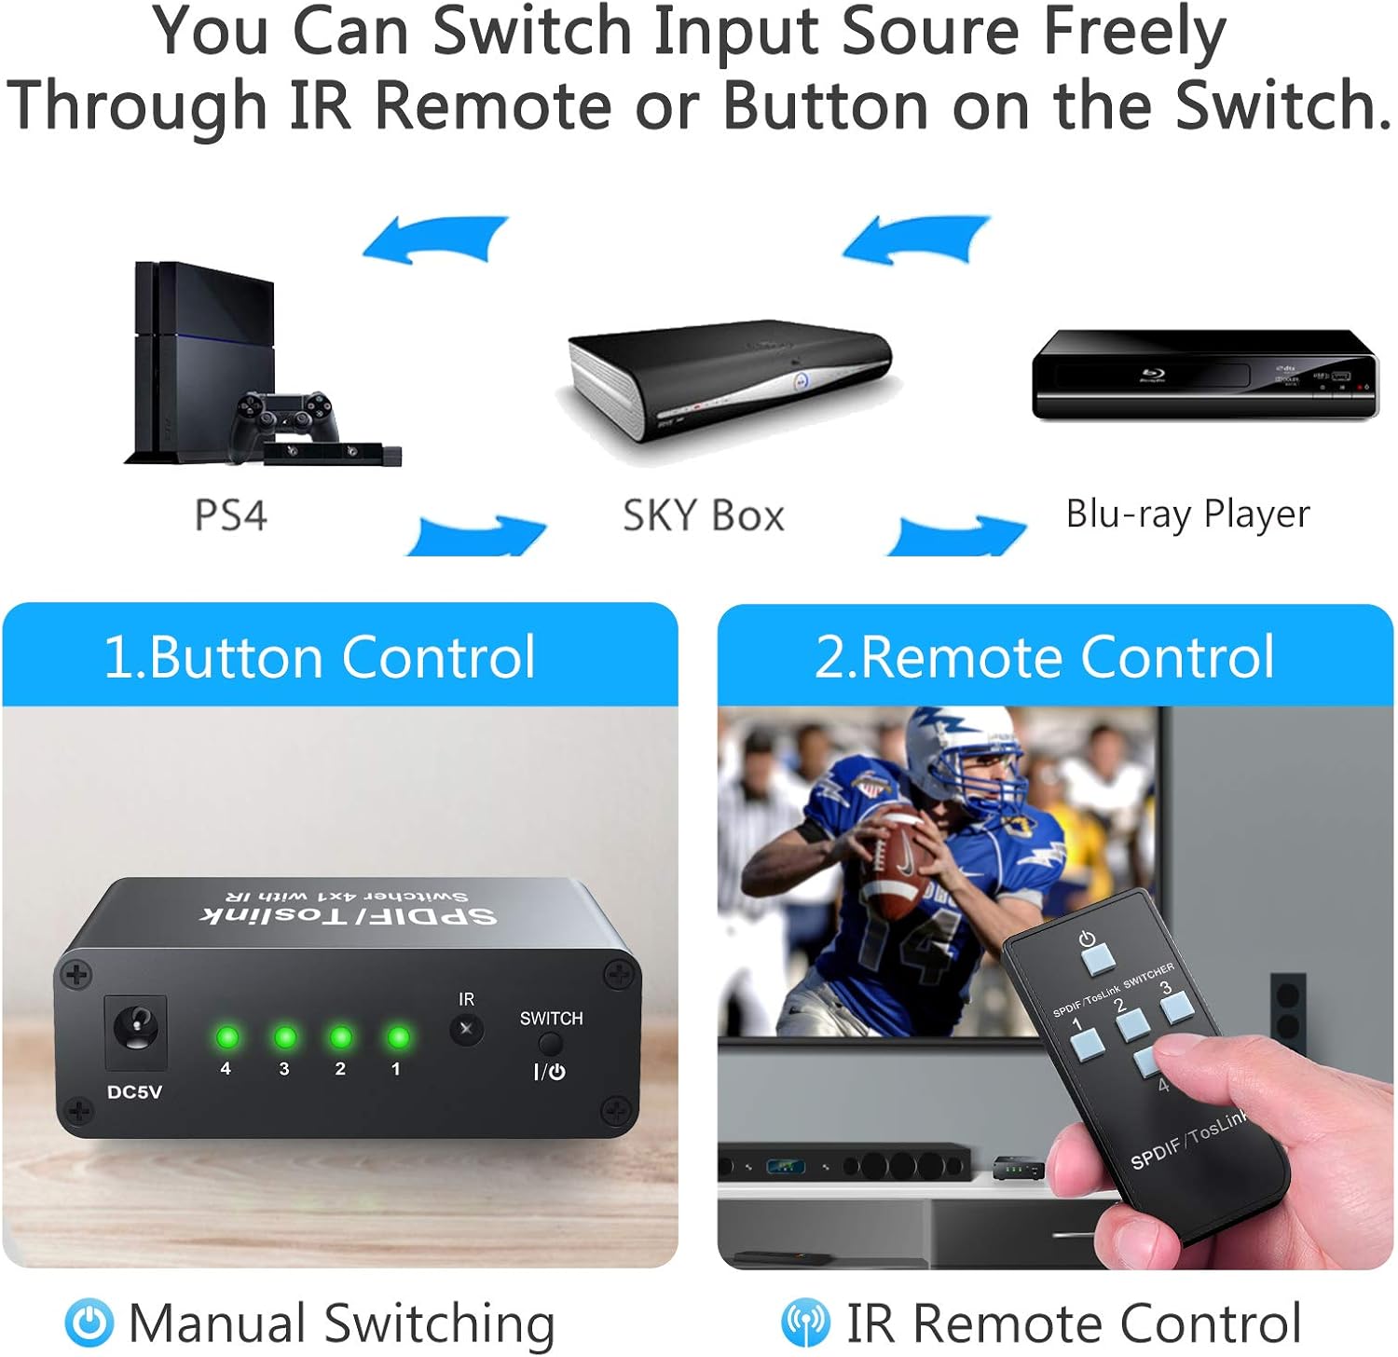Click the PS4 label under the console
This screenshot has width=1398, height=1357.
[x=230, y=515]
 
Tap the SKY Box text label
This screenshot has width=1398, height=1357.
[x=704, y=515]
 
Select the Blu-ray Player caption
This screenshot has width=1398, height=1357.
[x=1187, y=514]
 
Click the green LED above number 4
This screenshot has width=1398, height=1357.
[x=226, y=1036]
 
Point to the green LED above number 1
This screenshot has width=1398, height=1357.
[x=398, y=1036]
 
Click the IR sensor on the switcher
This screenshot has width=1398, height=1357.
[x=466, y=1030]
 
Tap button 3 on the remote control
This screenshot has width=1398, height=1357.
[x=1176, y=1006]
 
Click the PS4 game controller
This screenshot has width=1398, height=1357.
[x=283, y=418]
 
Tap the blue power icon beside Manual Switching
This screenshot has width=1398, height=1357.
[x=89, y=1323]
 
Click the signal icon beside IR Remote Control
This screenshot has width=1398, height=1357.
[x=805, y=1323]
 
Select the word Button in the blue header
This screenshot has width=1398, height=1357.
[x=238, y=657]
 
